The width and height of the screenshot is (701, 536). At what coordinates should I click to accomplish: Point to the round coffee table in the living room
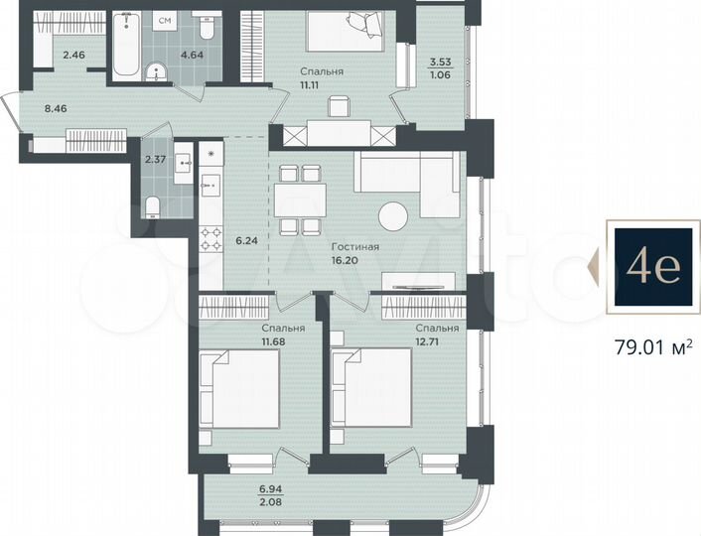[393, 216]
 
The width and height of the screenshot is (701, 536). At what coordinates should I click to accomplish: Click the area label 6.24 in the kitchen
[244, 238]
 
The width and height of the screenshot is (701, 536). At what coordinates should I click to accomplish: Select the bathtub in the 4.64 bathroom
[127, 46]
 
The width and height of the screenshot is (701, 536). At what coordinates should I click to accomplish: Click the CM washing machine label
[164, 19]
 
